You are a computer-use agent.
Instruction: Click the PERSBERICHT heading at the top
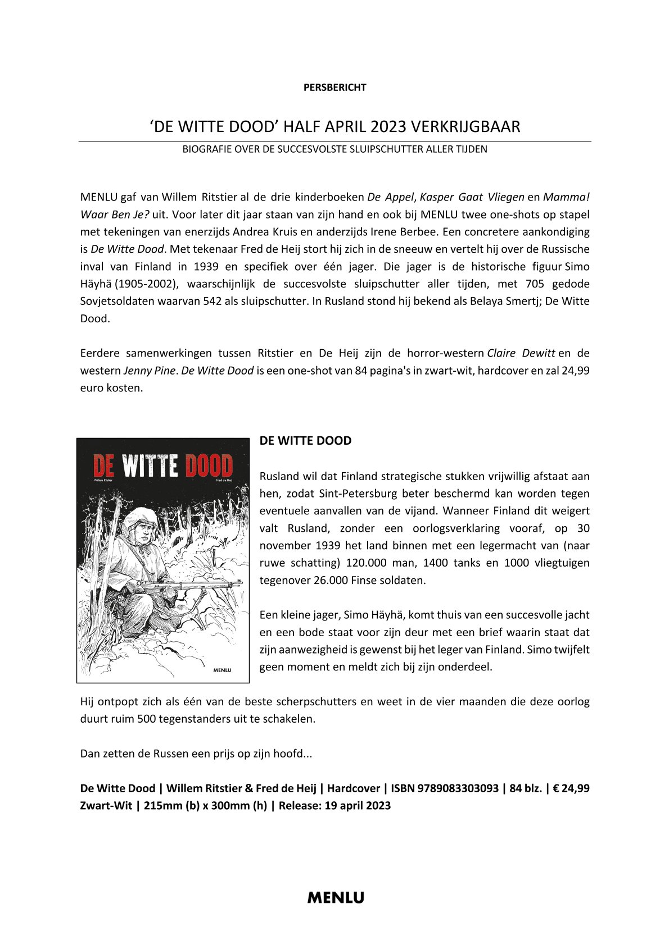(334, 87)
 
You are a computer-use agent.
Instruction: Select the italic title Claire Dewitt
(521, 353)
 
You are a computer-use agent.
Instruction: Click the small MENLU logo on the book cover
(223, 669)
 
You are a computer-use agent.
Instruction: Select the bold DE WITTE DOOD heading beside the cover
(305, 441)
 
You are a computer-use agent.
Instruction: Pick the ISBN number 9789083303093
(458, 788)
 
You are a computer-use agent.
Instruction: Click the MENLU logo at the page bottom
(335, 897)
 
